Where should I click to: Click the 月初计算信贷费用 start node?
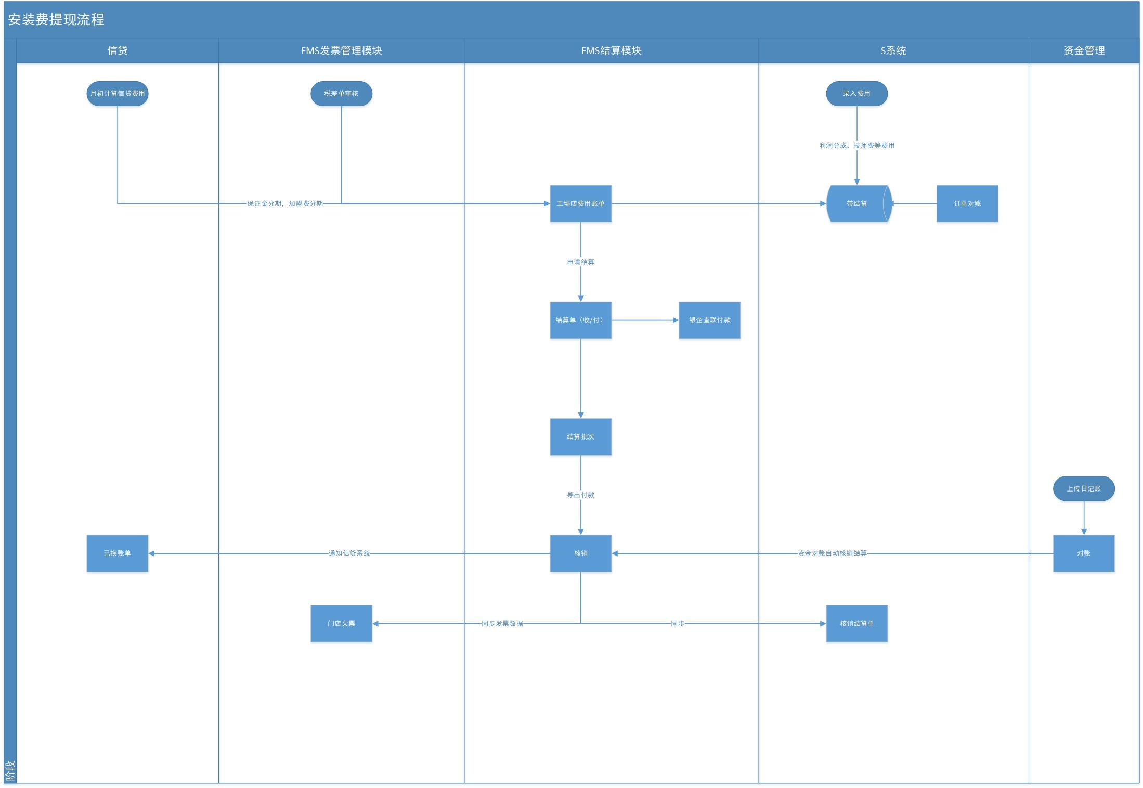point(117,94)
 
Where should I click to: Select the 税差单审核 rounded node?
point(341,94)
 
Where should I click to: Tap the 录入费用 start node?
point(856,94)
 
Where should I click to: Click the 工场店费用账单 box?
point(580,203)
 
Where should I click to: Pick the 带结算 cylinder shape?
point(859,203)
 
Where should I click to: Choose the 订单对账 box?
point(967,203)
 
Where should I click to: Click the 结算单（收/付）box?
point(580,320)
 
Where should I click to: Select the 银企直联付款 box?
point(709,320)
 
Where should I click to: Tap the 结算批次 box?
point(580,436)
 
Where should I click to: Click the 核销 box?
point(580,553)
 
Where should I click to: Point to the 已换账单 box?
point(117,553)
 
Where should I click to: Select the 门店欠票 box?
point(341,623)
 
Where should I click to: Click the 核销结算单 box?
point(856,623)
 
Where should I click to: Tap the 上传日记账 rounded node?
point(1084,488)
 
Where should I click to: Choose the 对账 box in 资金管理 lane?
point(1084,553)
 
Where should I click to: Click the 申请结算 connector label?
point(580,262)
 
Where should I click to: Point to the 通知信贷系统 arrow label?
point(349,553)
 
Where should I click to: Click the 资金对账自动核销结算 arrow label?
point(832,553)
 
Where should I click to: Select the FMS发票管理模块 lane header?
point(341,50)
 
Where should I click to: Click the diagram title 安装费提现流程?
point(56,20)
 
